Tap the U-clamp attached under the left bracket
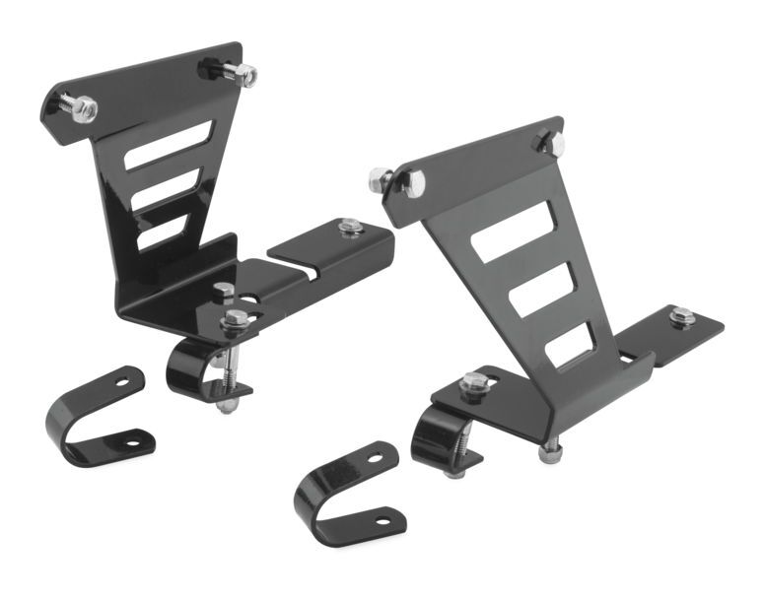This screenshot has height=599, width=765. coord(193,366)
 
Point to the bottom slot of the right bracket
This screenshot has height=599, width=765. coord(570,345)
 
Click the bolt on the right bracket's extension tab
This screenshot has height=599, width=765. coord(681,316)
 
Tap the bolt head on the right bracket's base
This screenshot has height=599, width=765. coord(472,382)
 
